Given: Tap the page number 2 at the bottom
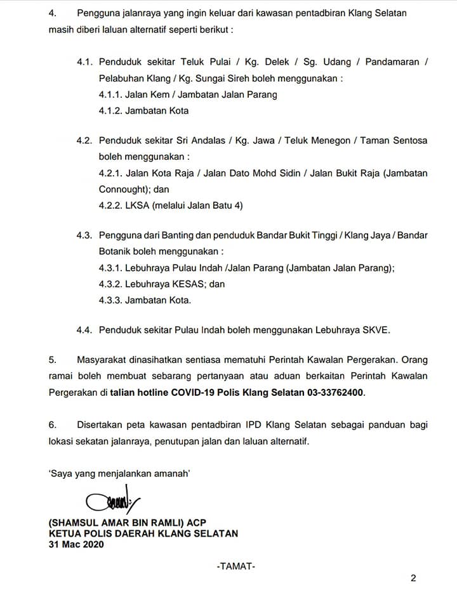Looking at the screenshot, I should [x=413, y=578].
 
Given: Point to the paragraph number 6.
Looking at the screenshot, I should [x=53, y=424].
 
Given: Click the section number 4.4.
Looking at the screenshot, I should [x=85, y=330].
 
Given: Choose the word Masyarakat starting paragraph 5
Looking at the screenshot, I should [x=104, y=360].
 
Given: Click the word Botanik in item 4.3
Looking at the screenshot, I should [x=116, y=251].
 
